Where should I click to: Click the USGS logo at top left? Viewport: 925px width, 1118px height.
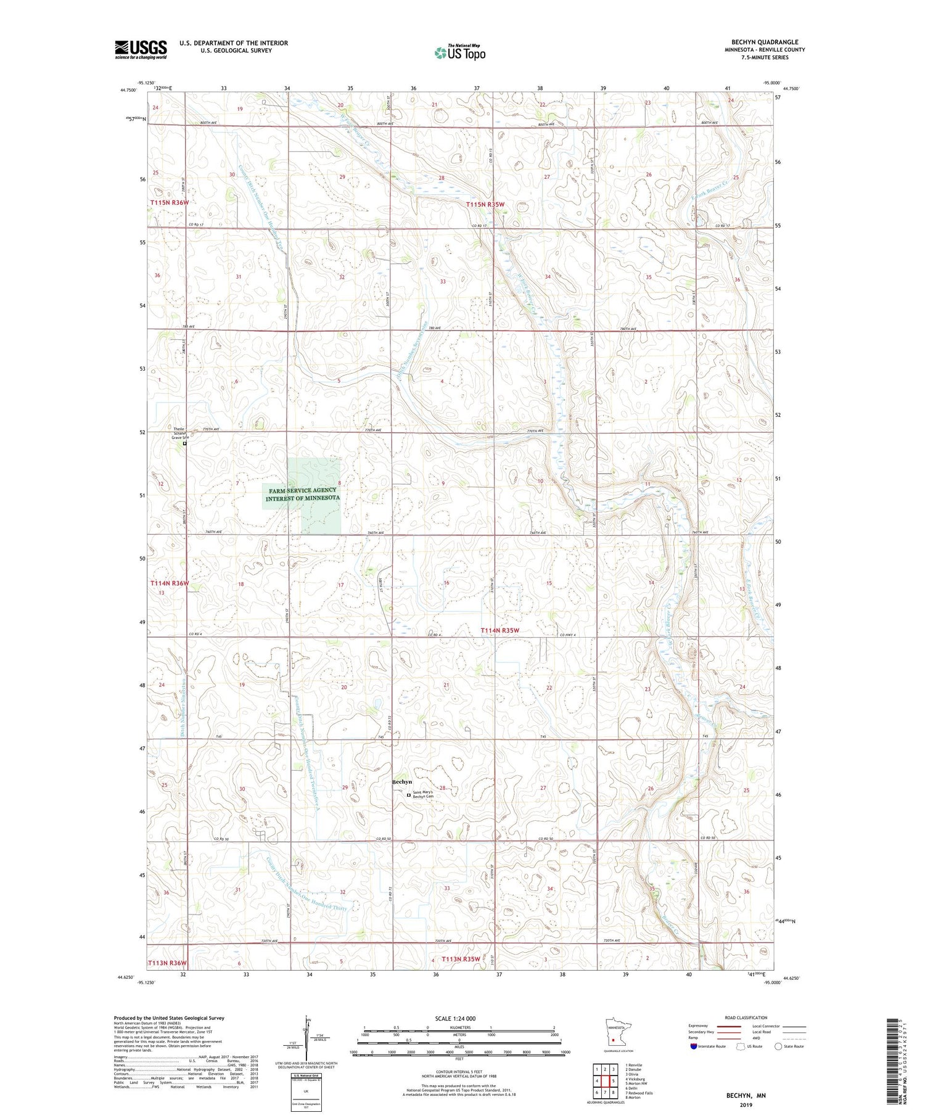(x=141, y=49)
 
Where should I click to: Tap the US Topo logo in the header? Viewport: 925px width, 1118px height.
(x=460, y=52)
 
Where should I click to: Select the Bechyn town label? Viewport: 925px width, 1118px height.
(x=402, y=782)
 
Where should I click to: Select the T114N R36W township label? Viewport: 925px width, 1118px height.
(x=170, y=583)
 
